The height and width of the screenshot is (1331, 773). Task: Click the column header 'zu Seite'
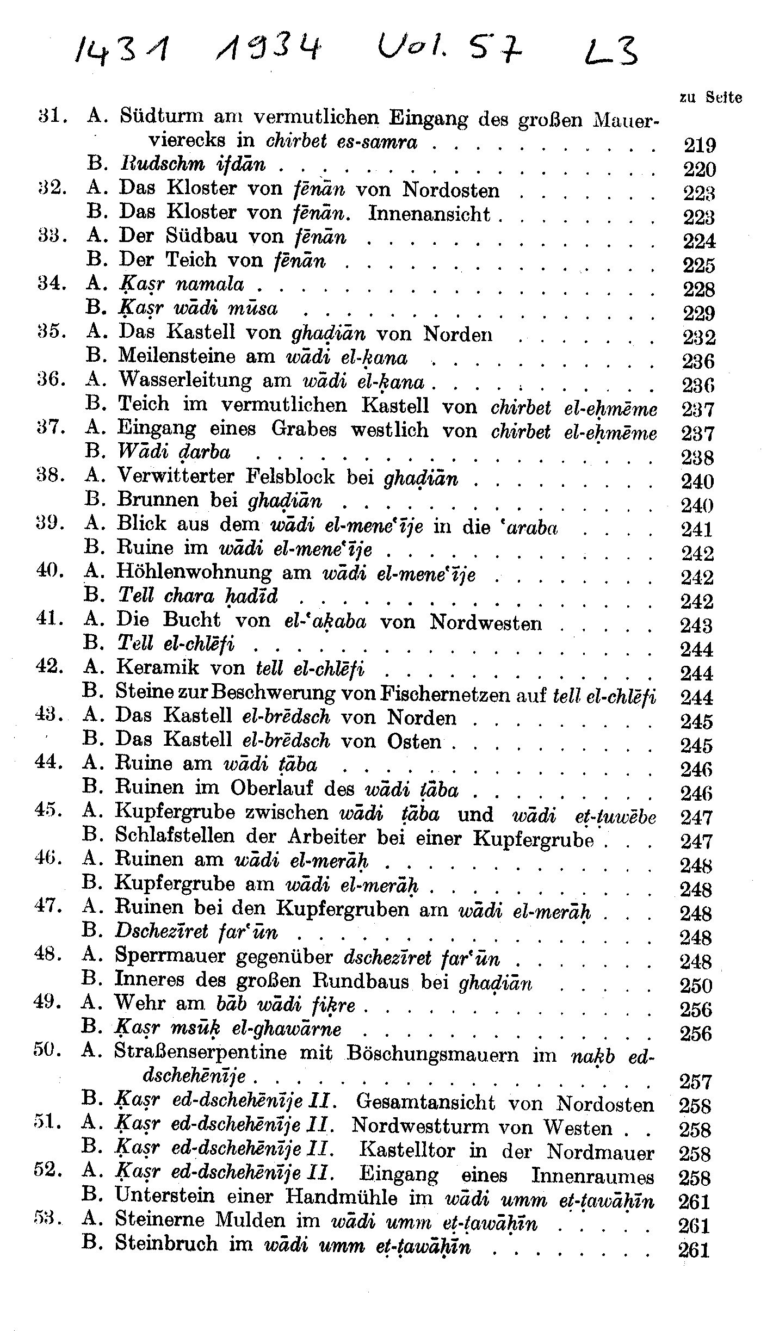pos(710,97)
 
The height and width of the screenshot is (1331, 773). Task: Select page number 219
pos(699,146)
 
